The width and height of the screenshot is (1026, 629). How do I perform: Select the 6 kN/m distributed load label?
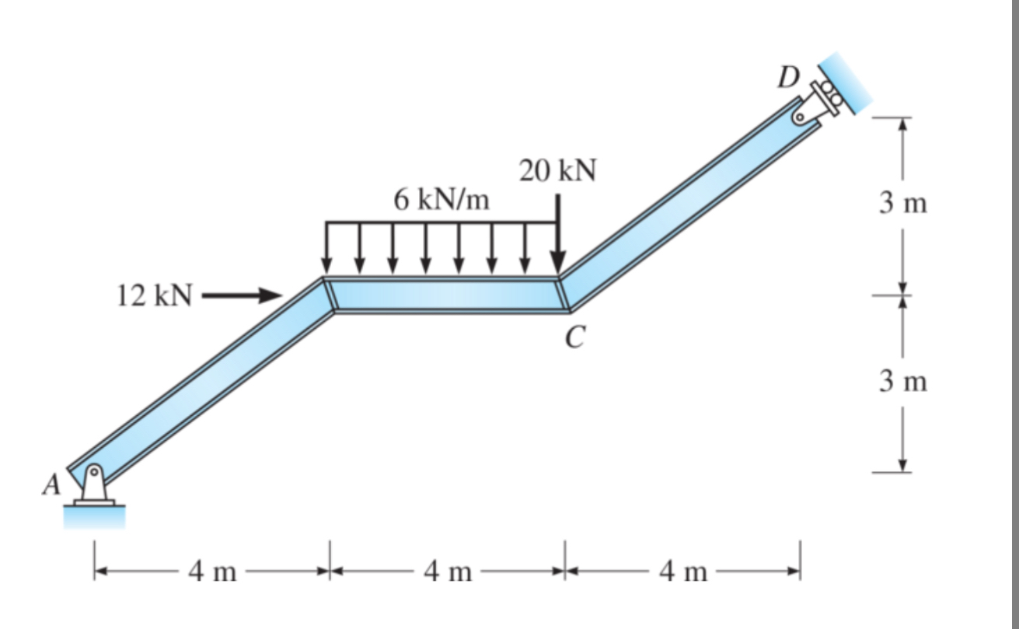(x=441, y=200)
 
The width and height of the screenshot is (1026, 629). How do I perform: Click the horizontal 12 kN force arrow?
(x=242, y=295)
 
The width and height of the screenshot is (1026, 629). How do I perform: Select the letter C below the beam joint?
(x=575, y=336)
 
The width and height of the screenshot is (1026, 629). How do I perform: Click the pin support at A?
(x=93, y=487)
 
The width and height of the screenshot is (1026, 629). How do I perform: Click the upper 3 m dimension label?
(x=903, y=204)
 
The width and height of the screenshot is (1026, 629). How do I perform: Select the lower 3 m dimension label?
(x=903, y=382)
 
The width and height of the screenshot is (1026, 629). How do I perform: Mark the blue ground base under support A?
(x=93, y=517)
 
